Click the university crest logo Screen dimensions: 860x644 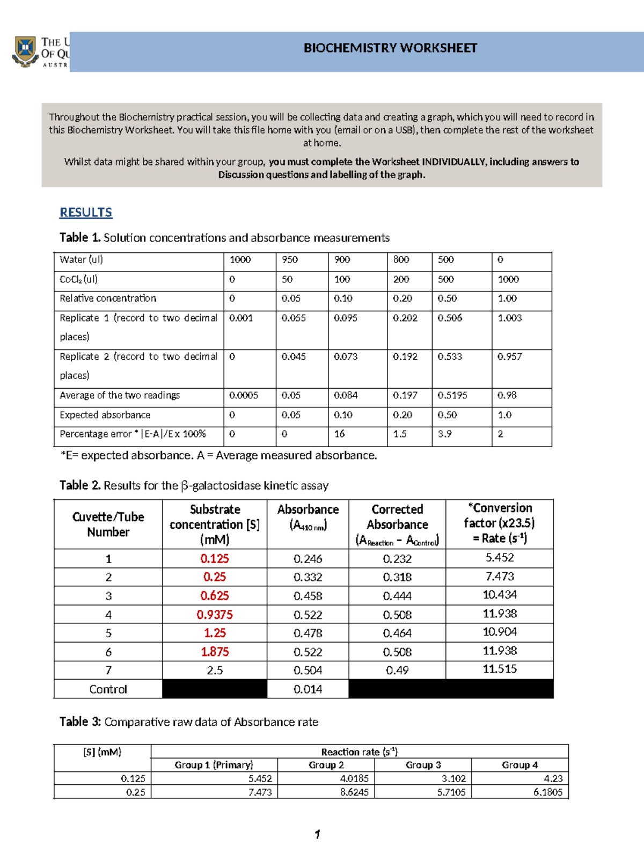(25, 52)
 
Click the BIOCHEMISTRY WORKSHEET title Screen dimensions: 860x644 (390, 48)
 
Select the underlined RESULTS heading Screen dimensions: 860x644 (86, 212)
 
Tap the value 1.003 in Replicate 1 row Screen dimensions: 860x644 (509, 318)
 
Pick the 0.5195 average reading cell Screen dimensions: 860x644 (452, 395)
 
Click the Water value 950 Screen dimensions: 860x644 (290, 260)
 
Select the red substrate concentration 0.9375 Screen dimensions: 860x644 (215, 614)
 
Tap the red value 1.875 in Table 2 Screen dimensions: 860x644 (215, 652)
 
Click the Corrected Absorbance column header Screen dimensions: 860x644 (397, 524)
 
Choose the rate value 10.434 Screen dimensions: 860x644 (500, 595)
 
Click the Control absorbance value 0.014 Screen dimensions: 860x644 (308, 689)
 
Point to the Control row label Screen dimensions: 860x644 (108, 689)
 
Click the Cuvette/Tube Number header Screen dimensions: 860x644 (108, 524)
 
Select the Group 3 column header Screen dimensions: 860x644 (423, 765)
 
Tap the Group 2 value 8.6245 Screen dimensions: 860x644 (354, 792)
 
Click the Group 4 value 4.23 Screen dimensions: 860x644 (553, 778)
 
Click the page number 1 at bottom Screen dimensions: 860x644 (317, 834)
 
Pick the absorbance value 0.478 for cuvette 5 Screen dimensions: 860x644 (308, 633)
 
